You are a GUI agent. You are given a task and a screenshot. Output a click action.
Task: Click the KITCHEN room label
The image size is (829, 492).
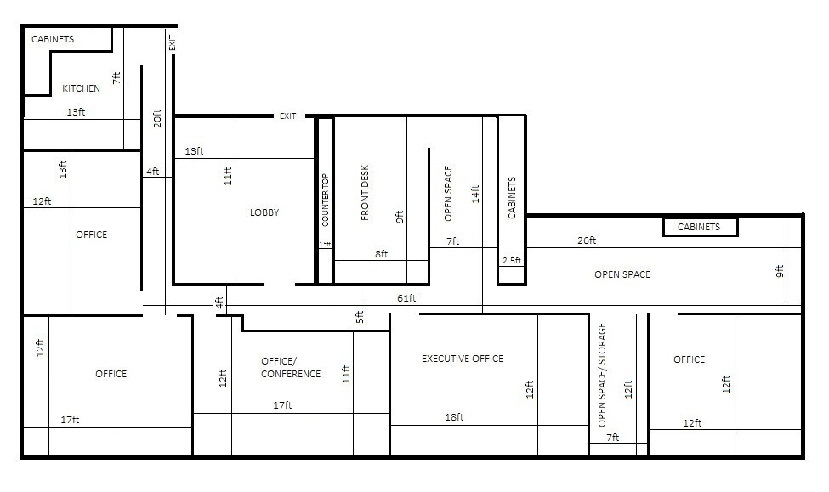tap(81, 88)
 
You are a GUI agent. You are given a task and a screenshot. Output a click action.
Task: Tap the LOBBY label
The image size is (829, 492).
tap(264, 212)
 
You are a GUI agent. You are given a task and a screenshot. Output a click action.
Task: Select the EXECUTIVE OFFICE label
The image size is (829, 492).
tap(463, 359)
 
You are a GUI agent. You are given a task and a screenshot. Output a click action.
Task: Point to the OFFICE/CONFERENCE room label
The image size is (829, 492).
tap(291, 367)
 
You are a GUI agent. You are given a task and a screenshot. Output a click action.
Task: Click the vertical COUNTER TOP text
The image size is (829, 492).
tap(325, 200)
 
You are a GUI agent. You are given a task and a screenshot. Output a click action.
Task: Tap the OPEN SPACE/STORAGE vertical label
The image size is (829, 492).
tap(602, 374)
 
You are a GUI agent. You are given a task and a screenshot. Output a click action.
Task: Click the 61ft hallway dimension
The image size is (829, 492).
tap(406, 298)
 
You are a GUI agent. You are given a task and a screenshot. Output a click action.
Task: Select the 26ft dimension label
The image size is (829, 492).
tap(587, 240)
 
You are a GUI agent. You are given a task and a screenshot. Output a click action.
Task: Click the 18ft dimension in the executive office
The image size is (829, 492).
tap(454, 417)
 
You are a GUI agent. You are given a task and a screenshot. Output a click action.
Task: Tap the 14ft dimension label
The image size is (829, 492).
tap(475, 195)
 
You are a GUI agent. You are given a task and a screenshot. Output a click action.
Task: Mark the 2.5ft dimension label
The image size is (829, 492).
tap(512, 260)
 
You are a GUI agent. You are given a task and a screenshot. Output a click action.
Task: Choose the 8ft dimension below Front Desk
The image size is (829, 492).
tap(381, 253)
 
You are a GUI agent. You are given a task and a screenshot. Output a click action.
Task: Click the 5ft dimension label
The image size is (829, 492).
tap(360, 318)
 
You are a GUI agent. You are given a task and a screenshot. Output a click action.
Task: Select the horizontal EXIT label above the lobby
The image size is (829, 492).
tap(287, 116)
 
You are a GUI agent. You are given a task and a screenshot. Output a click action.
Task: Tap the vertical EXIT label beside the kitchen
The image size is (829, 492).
tap(173, 42)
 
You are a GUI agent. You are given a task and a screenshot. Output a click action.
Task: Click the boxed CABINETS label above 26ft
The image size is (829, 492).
tap(699, 227)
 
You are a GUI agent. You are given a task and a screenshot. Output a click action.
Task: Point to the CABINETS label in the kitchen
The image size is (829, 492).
tap(53, 39)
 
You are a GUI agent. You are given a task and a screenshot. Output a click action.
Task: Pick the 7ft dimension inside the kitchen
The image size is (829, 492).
tap(117, 77)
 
